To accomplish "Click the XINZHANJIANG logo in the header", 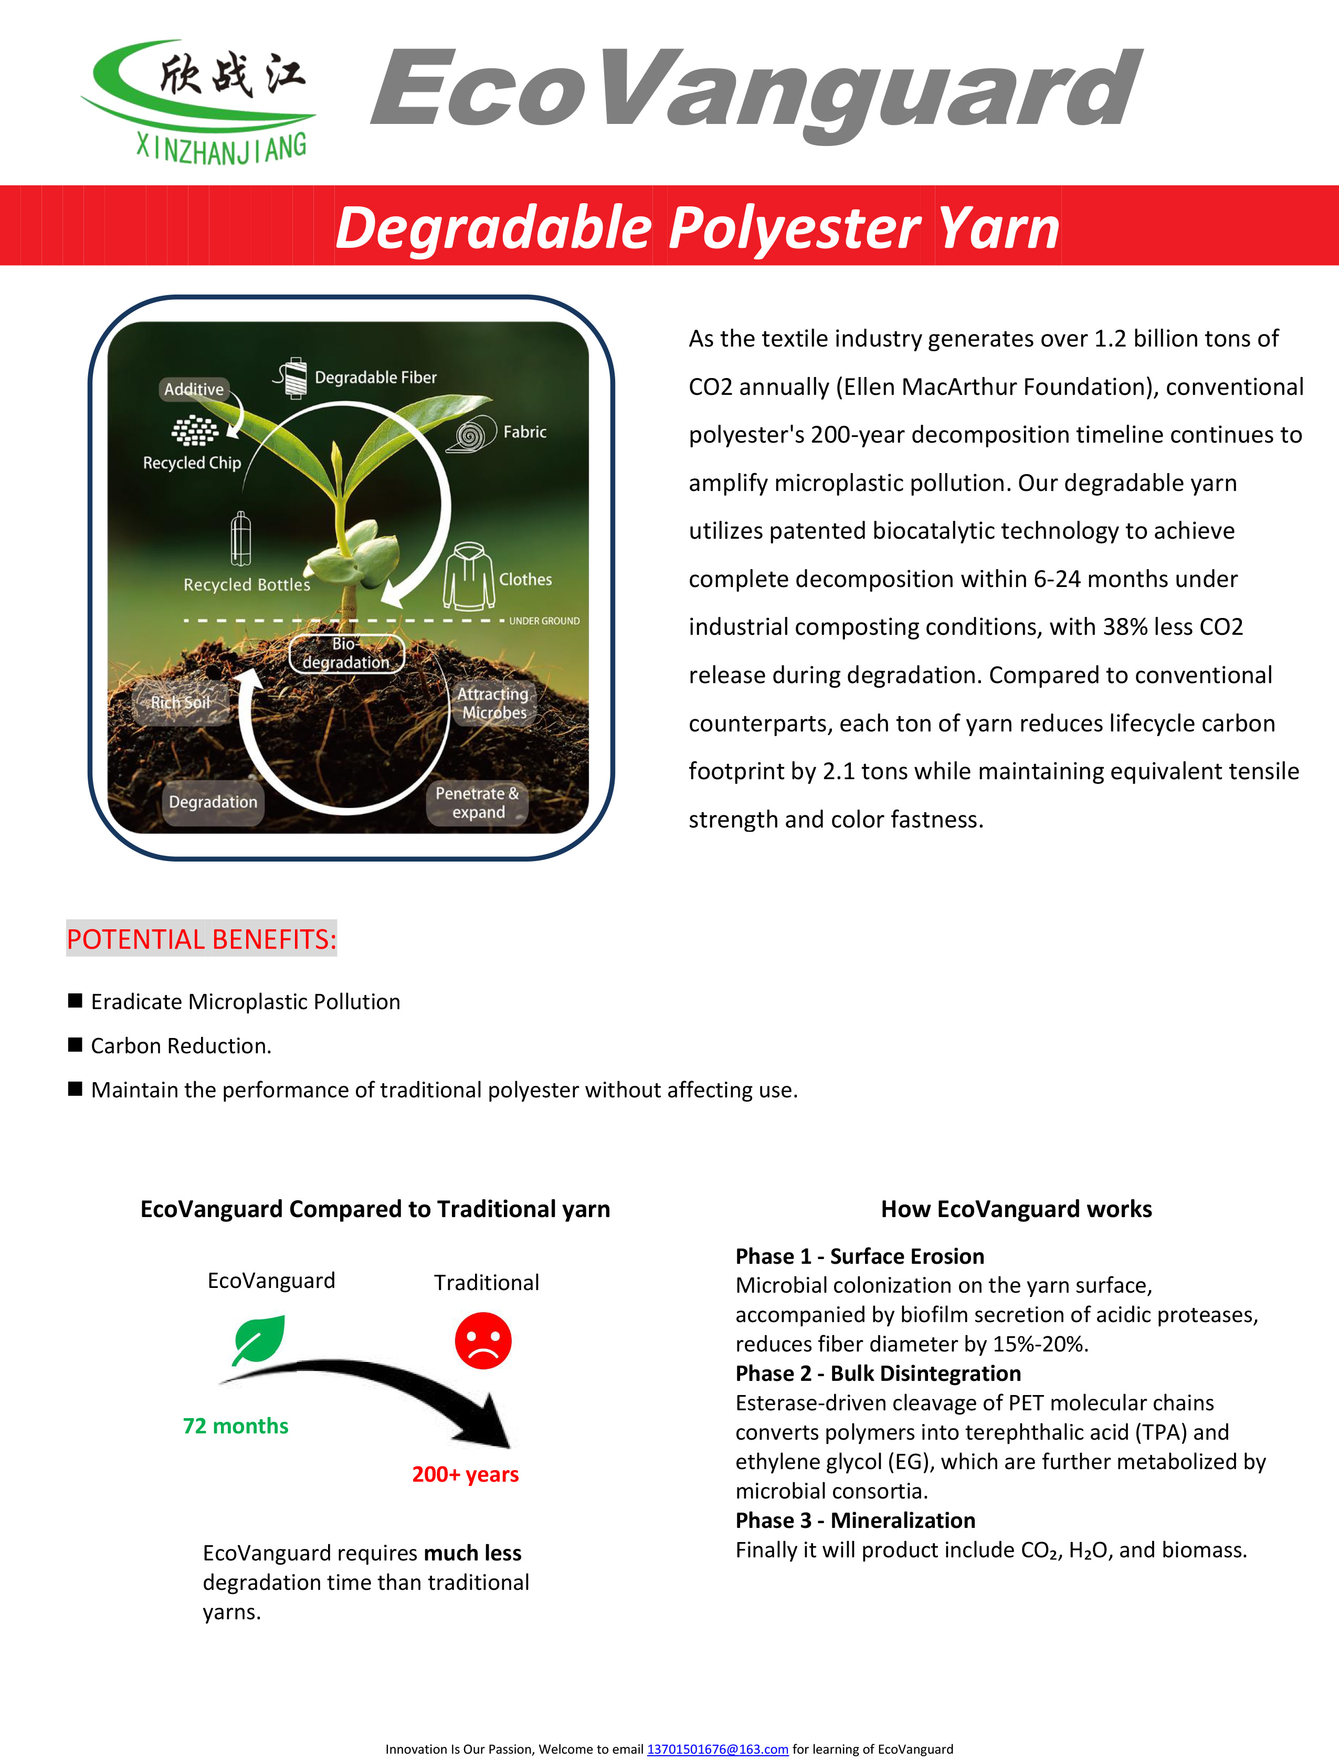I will click(x=199, y=100).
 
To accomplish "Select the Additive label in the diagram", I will click(x=194, y=389).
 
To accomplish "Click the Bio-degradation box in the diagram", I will click(x=346, y=654).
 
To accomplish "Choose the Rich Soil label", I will click(x=181, y=703).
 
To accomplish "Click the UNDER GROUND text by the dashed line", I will click(x=544, y=621).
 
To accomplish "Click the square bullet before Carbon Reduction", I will click(x=76, y=1045).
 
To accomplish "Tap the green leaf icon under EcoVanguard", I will click(x=258, y=1340).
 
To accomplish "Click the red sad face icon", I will click(x=483, y=1341).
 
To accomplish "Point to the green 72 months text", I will click(x=236, y=1426).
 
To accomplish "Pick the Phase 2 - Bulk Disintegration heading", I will click(x=878, y=1374).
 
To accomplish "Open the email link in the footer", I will click(x=718, y=1749).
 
